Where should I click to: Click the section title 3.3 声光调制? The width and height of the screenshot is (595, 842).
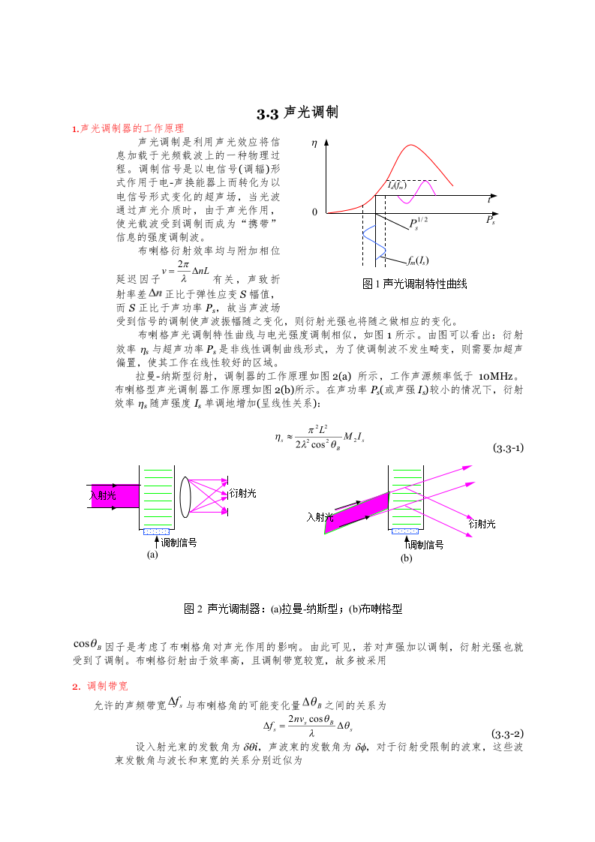click(x=298, y=113)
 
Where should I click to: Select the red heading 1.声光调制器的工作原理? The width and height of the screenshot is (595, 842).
click(x=128, y=129)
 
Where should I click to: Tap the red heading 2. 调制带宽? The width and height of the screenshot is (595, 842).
click(x=100, y=686)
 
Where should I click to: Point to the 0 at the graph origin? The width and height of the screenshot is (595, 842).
click(x=315, y=213)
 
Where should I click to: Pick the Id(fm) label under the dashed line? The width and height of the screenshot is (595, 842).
click(x=398, y=185)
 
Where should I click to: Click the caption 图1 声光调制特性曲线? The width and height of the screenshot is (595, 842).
click(x=415, y=284)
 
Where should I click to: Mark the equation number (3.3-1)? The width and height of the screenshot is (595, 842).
click(x=508, y=449)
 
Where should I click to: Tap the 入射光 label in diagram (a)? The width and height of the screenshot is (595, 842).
click(x=103, y=495)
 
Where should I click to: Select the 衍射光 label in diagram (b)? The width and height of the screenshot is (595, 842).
click(x=482, y=524)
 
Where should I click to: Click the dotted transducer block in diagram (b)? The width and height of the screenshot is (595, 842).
click(x=405, y=531)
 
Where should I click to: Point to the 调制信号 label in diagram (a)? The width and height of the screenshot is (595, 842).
click(x=179, y=542)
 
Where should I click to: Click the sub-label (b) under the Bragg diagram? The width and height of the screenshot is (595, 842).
click(x=406, y=558)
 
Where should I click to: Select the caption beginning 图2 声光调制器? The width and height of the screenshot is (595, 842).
click(x=293, y=609)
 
